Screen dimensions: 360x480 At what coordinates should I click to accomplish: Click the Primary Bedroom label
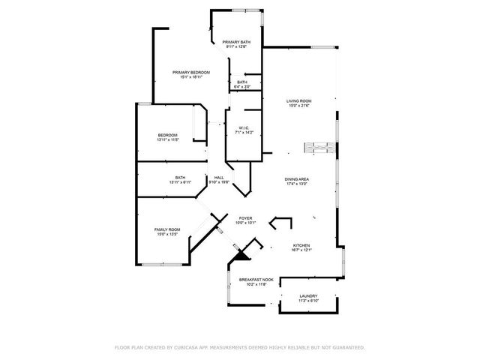pyautogui.click(x=190, y=72)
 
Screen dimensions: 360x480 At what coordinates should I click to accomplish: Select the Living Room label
pyautogui.click(x=299, y=100)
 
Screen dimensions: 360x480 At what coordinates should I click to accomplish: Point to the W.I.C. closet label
pyautogui.click(x=244, y=127)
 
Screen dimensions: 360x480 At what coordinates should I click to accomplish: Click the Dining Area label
pyautogui.click(x=297, y=178)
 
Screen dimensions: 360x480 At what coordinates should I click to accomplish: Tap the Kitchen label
pyautogui.click(x=301, y=245)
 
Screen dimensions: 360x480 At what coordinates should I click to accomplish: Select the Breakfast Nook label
pyautogui.click(x=253, y=280)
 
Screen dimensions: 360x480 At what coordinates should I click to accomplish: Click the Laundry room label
pyautogui.click(x=309, y=296)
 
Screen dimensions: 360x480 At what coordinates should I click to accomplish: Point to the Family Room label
pyautogui.click(x=167, y=229)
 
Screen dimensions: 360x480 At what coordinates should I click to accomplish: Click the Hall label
pyautogui.click(x=219, y=178)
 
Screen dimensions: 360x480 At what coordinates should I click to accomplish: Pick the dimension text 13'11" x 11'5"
pyautogui.click(x=167, y=140)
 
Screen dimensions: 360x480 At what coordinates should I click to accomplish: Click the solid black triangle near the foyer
pyautogui.click(x=240, y=255)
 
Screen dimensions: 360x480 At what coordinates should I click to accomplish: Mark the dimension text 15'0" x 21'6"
pyautogui.click(x=299, y=106)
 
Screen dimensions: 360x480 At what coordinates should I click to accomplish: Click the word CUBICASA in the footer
pyautogui.click(x=193, y=347)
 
